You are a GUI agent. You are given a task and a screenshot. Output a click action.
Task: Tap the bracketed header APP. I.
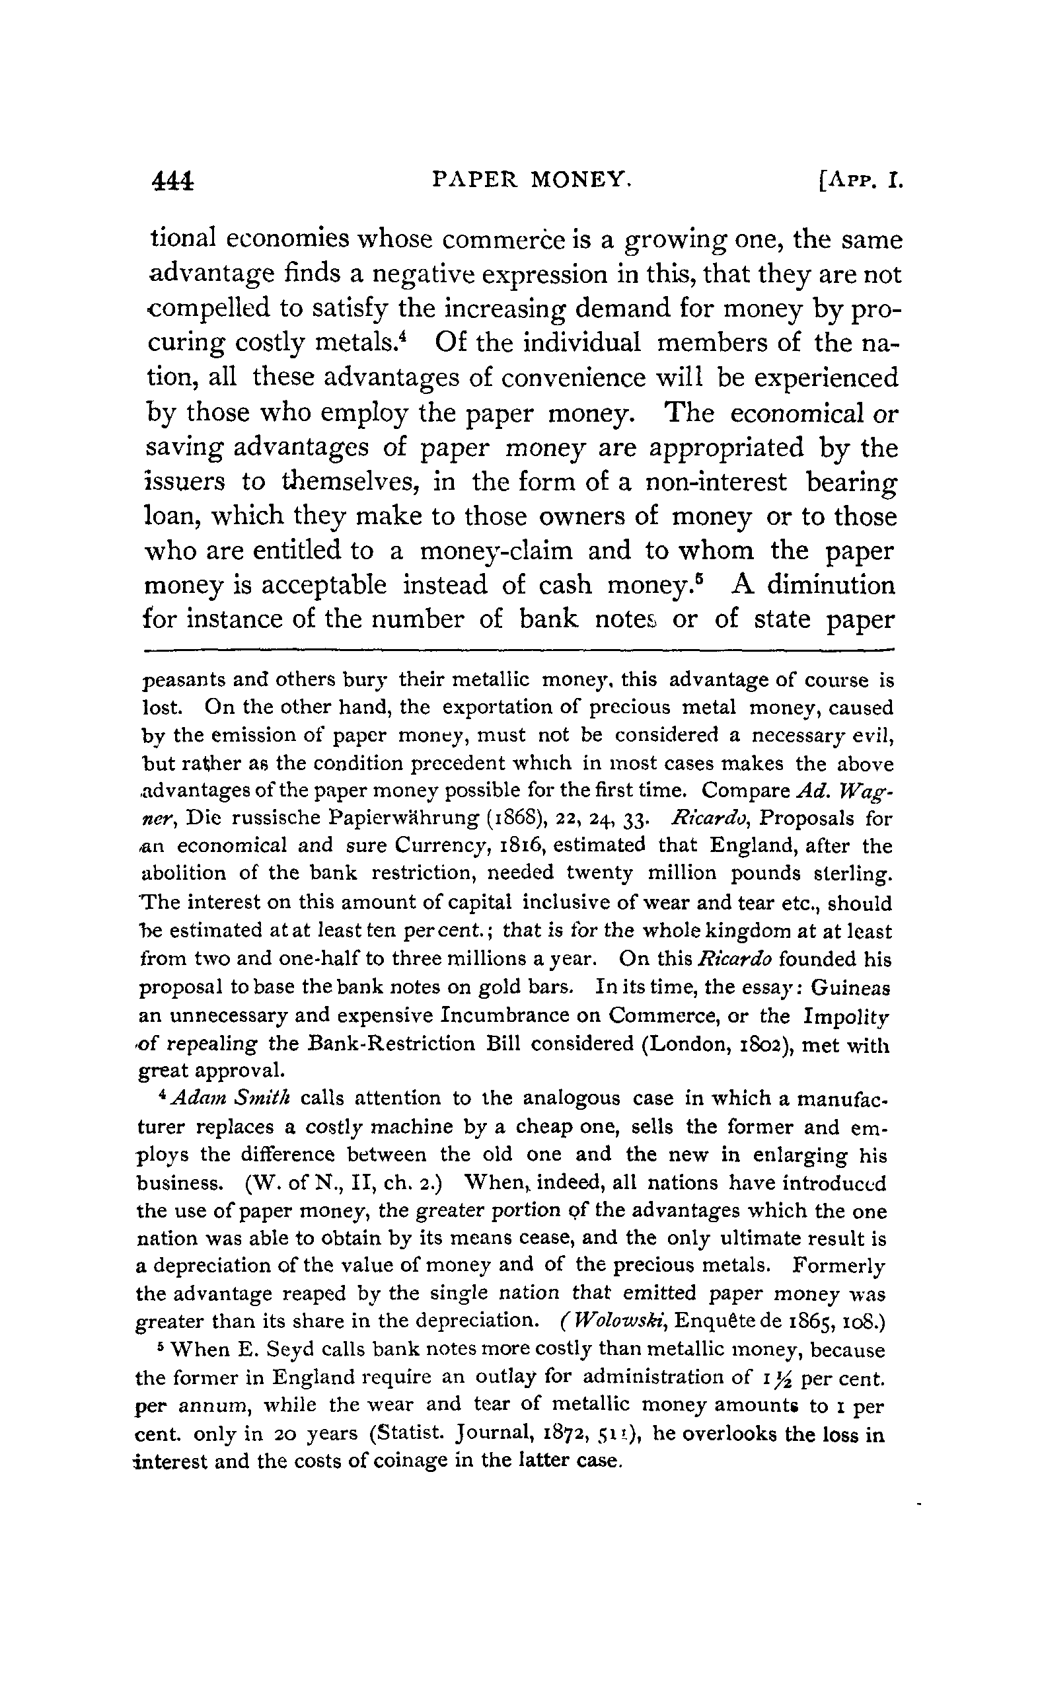859,182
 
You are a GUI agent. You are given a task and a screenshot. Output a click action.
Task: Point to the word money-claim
497,551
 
